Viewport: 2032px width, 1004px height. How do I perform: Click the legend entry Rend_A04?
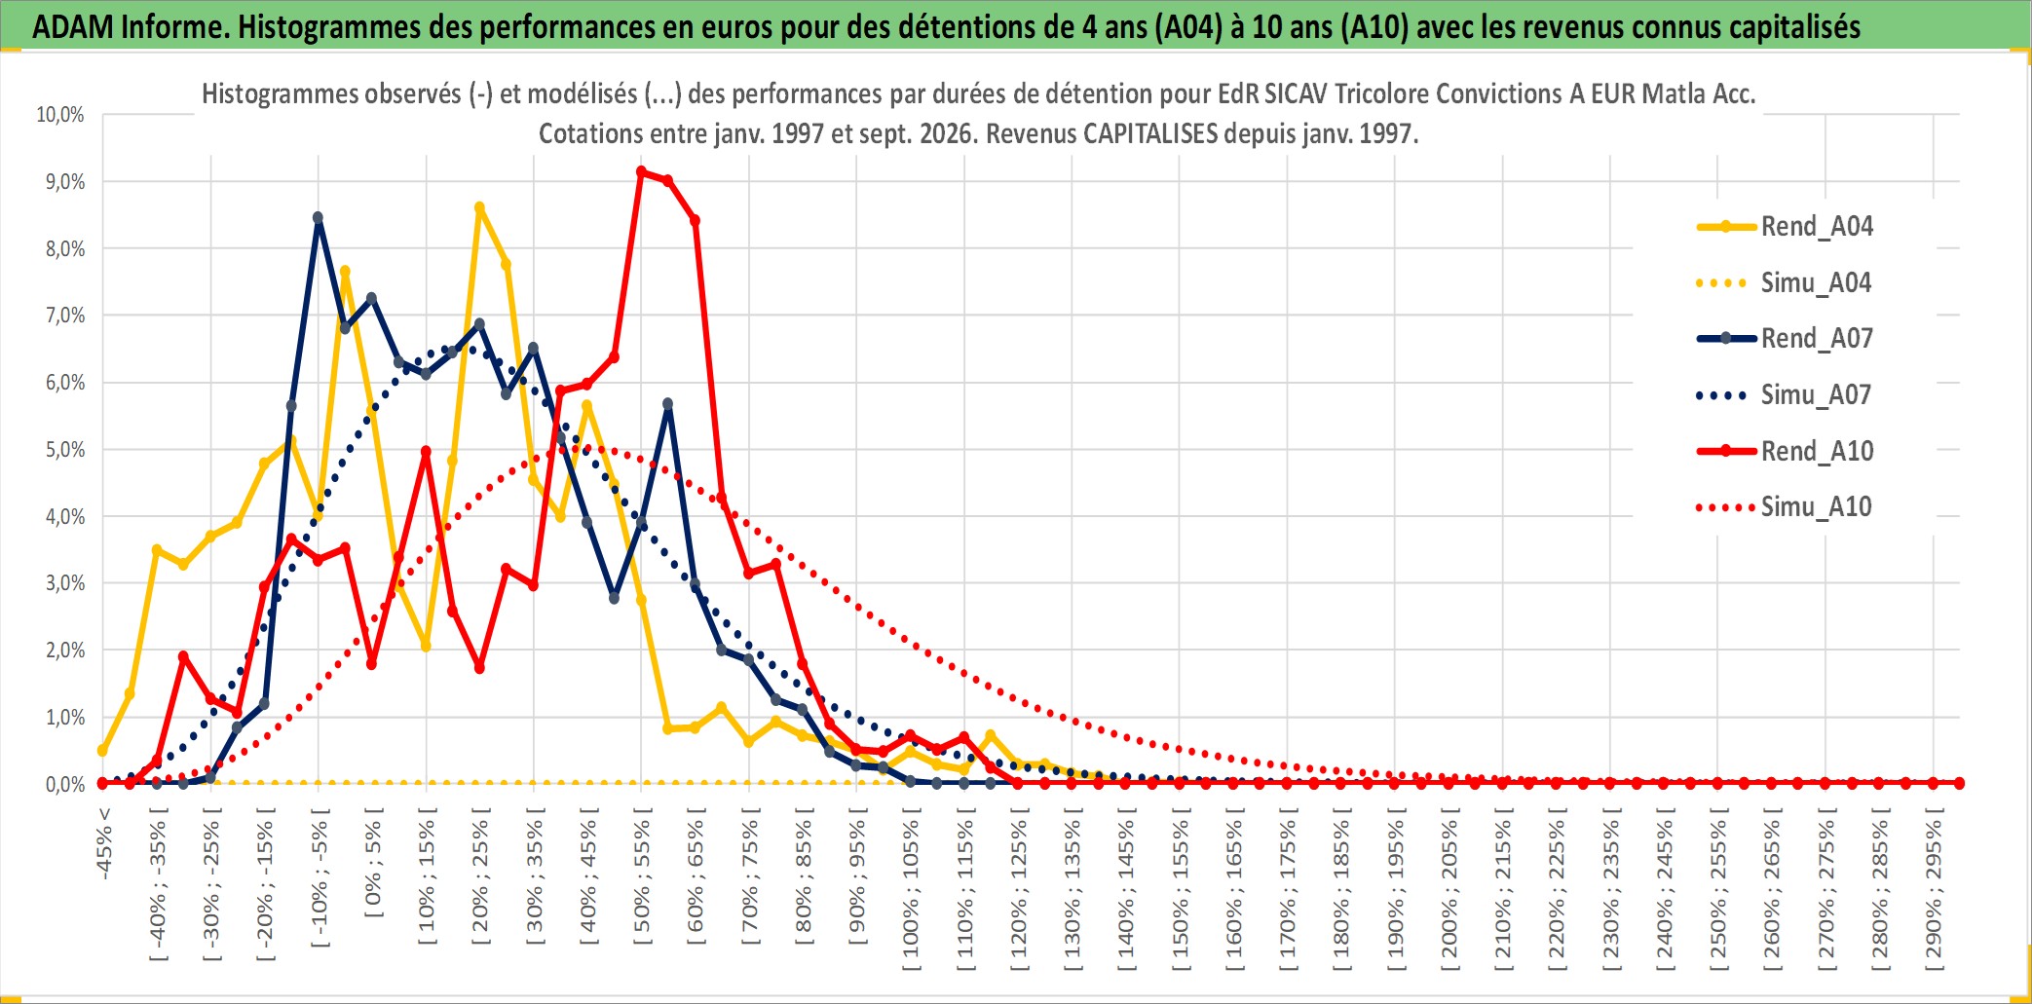[1786, 227]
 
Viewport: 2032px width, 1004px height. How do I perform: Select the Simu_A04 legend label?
[1786, 283]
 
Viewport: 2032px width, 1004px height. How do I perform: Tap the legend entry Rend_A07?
[1786, 339]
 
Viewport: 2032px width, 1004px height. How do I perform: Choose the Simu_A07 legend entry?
[1786, 395]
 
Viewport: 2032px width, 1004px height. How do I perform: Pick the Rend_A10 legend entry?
[1786, 451]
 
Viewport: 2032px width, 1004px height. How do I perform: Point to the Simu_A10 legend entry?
[1786, 507]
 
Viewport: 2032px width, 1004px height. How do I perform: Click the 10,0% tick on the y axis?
[60, 115]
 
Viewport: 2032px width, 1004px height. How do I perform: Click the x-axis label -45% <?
[104, 843]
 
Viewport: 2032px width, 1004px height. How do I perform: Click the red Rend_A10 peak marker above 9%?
[641, 172]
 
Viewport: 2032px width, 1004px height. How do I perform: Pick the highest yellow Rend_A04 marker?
[479, 207]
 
